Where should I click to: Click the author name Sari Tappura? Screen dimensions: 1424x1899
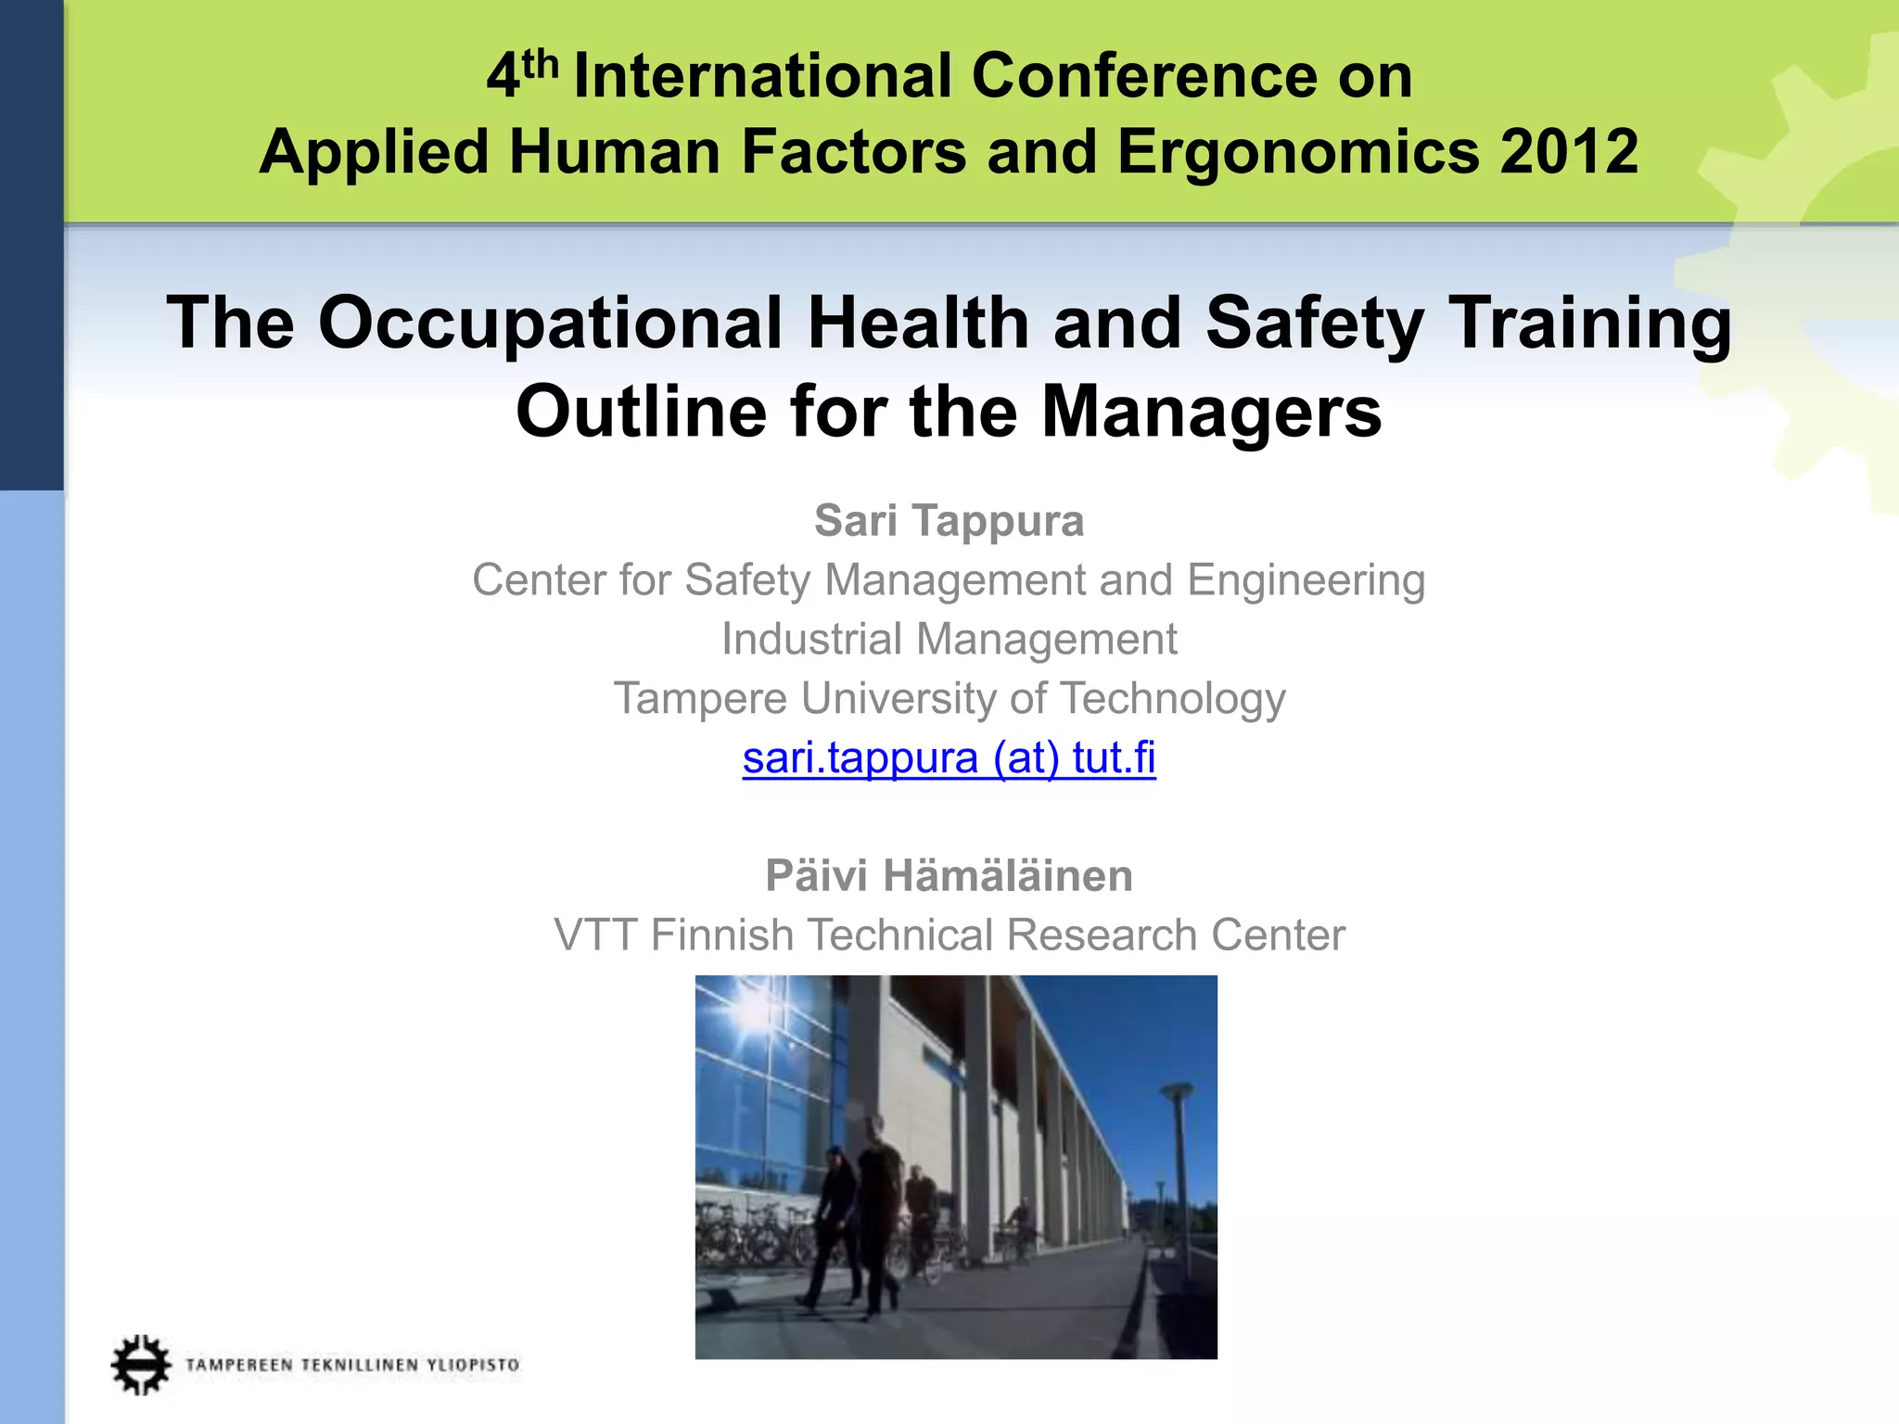tap(949, 520)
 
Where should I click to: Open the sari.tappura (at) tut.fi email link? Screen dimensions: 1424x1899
tap(949, 757)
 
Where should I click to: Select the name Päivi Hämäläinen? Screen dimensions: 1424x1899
tap(949, 876)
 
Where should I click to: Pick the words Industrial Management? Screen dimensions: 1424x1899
tap(949, 639)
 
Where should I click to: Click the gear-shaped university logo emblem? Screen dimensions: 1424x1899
tap(141, 1364)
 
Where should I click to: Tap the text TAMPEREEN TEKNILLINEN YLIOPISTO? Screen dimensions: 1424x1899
tap(352, 1365)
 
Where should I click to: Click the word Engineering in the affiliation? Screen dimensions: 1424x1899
tap(1306, 580)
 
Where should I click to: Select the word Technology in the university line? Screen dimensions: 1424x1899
tap(1172, 698)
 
